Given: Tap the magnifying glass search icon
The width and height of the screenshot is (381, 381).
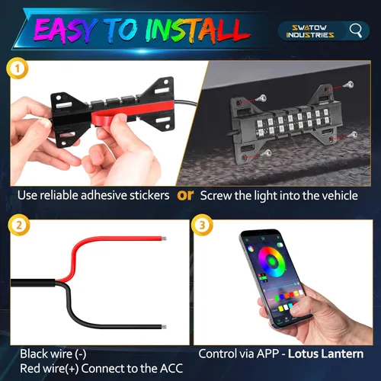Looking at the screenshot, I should (x=356, y=30).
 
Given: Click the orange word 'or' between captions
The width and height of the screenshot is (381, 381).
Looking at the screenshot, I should (x=184, y=195).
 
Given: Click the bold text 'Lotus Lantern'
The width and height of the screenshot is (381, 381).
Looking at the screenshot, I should (x=331, y=354).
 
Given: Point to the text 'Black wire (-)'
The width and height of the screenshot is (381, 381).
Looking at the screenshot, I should (x=52, y=354).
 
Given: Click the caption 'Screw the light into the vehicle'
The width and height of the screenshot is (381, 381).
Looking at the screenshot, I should (x=279, y=196).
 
